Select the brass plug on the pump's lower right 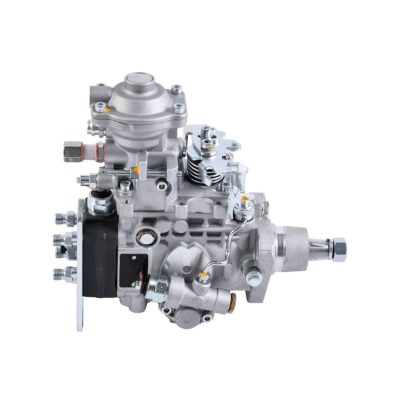point(232,299)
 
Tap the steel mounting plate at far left point(80,266)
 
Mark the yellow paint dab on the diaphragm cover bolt point(106,109)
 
